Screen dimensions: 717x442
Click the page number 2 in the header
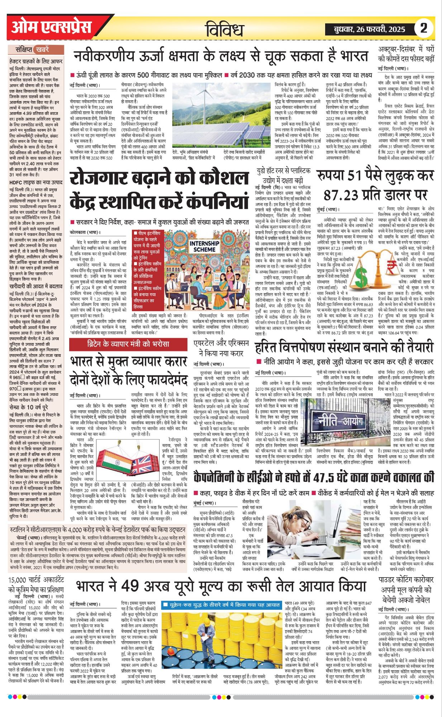pyautogui.click(x=424, y=28)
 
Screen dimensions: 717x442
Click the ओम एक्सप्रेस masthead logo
pyautogui.click(x=52, y=27)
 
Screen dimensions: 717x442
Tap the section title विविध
pyautogui.click(x=225, y=30)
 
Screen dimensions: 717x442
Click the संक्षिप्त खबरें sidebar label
pyautogui.click(x=32, y=49)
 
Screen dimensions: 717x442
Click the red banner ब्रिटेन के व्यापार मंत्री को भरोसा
pyautogui.click(x=128, y=344)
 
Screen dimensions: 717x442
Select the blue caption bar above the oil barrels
pyautogui.click(x=221, y=604)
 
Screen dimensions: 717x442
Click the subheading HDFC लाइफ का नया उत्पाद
pyautogui.click(x=35, y=182)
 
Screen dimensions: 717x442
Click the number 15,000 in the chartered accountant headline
pyautogui.click(x=18, y=580)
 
